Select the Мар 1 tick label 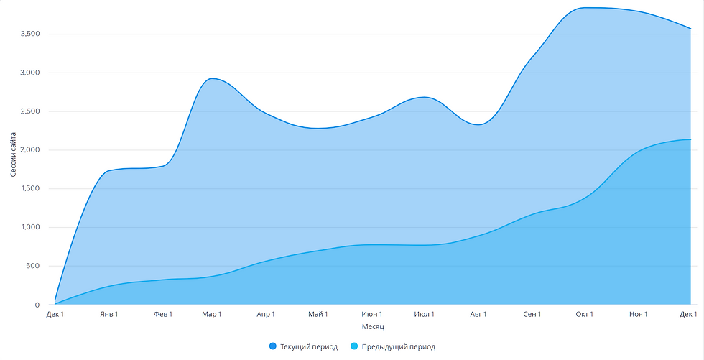211,315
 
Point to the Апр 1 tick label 264,315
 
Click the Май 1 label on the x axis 318,315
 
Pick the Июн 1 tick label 371,315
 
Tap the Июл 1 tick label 424,315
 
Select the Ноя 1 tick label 637,315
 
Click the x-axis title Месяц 373,327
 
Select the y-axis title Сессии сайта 14,150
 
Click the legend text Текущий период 308,347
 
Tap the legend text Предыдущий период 399,347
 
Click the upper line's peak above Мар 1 211,78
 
